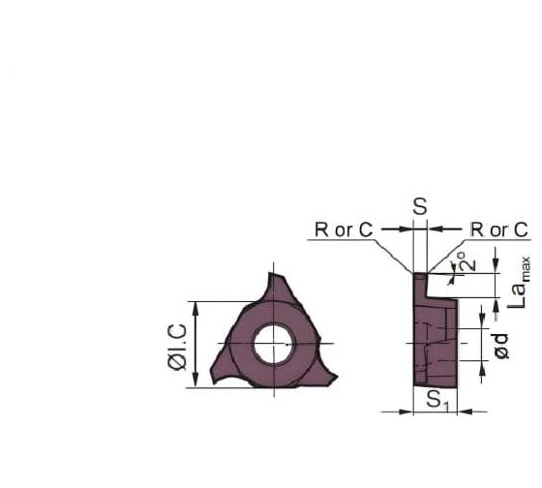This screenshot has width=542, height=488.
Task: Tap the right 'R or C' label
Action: click(499, 229)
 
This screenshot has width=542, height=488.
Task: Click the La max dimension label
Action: click(521, 282)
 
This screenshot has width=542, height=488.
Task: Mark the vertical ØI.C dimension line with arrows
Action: click(196, 344)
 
